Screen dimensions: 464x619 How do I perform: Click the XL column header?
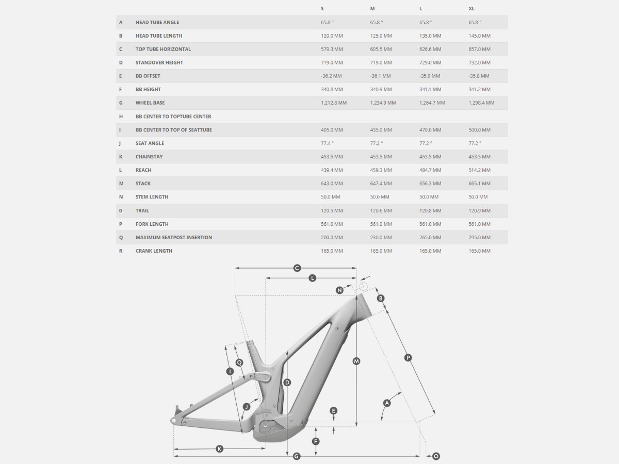[x=471, y=9]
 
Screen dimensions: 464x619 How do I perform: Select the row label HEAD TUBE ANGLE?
[x=157, y=23]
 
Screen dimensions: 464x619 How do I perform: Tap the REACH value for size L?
[x=430, y=170]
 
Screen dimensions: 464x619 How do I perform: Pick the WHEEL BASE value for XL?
[x=481, y=103]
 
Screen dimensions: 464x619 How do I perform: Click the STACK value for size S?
[x=332, y=184]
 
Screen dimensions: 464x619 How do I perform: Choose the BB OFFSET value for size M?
[x=380, y=76]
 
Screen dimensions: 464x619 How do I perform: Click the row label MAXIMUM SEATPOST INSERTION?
[x=174, y=238]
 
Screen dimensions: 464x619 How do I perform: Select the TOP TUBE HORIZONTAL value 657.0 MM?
[x=479, y=49]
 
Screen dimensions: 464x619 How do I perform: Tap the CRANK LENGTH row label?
[x=154, y=251]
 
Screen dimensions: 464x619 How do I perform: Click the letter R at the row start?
[x=121, y=251]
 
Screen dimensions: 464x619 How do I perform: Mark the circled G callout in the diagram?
[x=297, y=456]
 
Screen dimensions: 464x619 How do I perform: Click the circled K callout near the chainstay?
[x=219, y=449]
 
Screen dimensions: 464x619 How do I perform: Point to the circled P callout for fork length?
[x=408, y=357]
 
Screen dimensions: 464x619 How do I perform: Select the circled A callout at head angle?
[x=387, y=403]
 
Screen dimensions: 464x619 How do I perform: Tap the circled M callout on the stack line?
[x=356, y=361]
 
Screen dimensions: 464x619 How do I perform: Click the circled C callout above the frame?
[x=297, y=268]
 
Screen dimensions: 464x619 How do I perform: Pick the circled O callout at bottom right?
[x=436, y=456]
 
